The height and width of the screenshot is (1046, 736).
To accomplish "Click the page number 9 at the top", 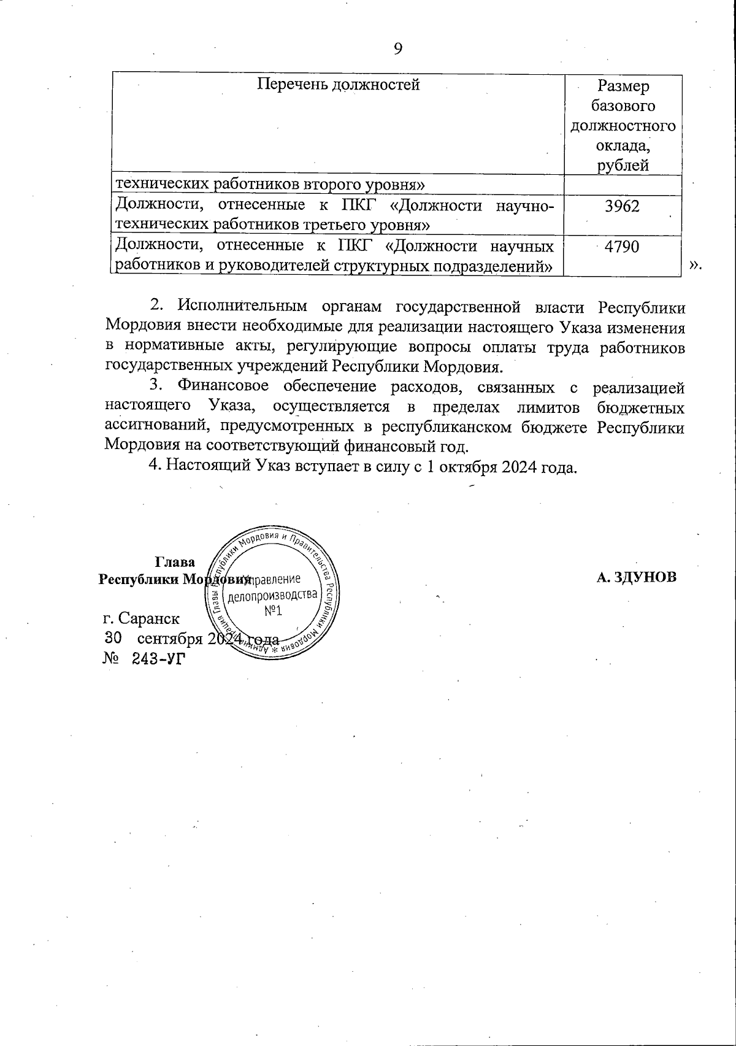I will pos(398,49).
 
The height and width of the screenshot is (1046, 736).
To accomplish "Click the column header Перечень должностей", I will pos(338,84).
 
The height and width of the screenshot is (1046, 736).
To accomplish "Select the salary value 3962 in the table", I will pos(622,206).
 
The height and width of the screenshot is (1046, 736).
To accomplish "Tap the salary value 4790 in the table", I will pos(622,247).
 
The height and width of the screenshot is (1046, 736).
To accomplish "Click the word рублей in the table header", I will pos(623,165).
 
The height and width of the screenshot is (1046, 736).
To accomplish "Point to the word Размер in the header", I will pos(623,86).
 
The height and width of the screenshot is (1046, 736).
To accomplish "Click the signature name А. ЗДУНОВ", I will pos(637,577).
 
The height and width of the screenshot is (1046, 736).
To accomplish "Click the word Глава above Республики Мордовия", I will pos(175,562).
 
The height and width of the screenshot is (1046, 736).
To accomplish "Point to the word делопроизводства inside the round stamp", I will pos(273,596).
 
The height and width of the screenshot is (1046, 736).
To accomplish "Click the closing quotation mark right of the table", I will pos(694,264).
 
